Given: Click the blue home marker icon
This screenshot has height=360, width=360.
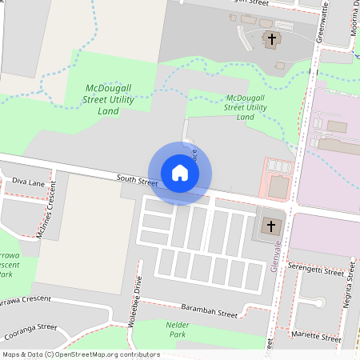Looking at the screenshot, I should point(180,173).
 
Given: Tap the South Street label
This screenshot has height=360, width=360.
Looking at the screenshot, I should point(137,182).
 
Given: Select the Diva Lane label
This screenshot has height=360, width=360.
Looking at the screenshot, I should point(24,182).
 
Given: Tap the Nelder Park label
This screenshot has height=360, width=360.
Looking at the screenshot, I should point(177,329).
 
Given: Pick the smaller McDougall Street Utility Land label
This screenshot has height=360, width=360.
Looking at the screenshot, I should point(246,106).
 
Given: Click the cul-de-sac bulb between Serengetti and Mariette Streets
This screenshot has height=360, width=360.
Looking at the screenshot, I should point(318,302).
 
